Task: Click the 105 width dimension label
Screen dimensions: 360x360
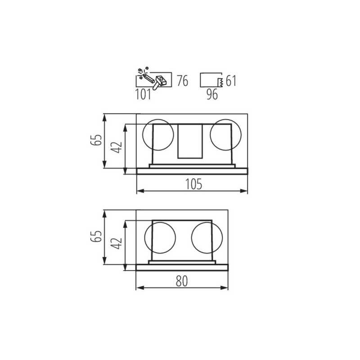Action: coord(193,184)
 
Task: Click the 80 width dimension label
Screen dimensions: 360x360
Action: coord(182,281)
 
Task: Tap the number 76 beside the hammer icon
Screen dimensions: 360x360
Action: coord(183,81)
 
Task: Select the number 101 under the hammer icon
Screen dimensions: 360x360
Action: coord(143,94)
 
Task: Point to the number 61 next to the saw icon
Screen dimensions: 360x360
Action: coord(231,81)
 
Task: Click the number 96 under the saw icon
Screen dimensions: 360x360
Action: coord(212,94)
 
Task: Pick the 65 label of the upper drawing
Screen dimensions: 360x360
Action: coord(96,139)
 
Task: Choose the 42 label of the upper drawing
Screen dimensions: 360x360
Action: coord(117,147)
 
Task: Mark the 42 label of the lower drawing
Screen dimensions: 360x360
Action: coord(117,243)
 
